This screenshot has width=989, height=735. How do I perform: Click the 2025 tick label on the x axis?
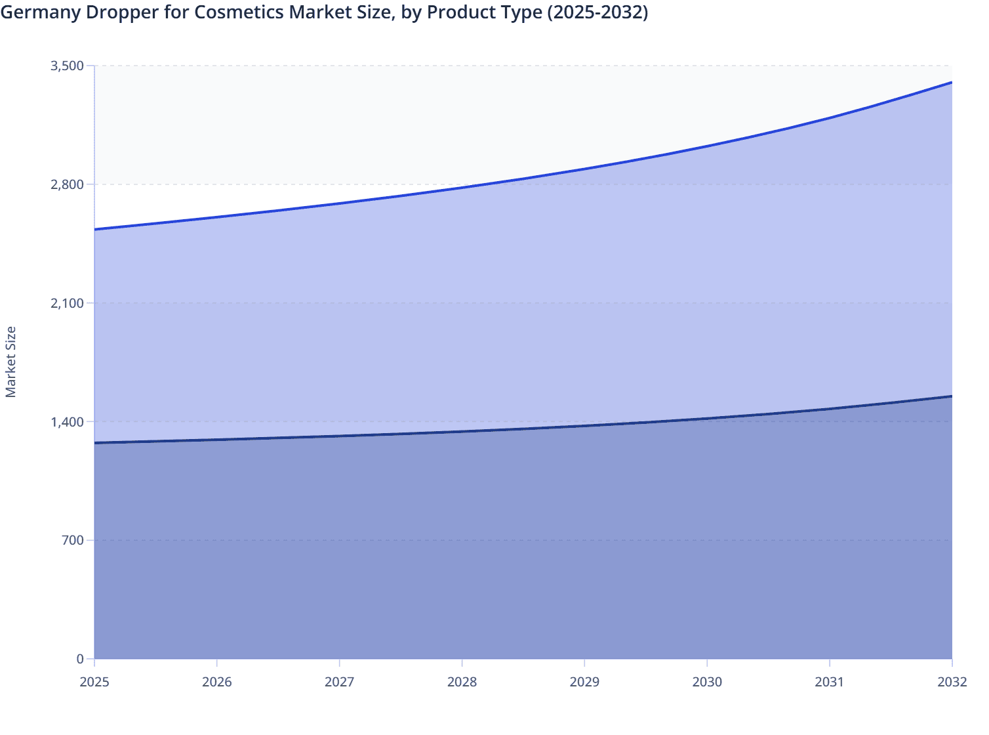point(94,682)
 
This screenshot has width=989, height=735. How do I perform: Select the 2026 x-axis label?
point(216,682)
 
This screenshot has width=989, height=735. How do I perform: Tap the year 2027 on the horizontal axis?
point(339,682)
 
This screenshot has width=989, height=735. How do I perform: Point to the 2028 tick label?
point(462,682)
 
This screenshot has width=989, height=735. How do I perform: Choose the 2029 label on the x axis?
point(584,682)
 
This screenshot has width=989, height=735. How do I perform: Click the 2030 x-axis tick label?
point(707,682)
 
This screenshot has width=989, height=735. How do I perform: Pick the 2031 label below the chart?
point(829,682)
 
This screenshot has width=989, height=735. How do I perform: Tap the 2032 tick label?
point(952,682)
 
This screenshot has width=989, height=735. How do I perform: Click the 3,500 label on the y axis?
point(67,66)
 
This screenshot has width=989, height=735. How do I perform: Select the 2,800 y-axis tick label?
point(67,184)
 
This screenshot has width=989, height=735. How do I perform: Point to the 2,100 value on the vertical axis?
point(67,303)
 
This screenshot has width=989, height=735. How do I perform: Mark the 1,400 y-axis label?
point(67,421)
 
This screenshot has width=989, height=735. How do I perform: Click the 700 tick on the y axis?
point(72,540)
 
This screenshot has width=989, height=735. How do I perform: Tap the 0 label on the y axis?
point(80,659)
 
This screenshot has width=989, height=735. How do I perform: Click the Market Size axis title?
point(10,362)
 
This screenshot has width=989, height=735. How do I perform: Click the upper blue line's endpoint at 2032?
point(951,83)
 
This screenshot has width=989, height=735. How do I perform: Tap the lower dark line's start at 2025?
point(95,443)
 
